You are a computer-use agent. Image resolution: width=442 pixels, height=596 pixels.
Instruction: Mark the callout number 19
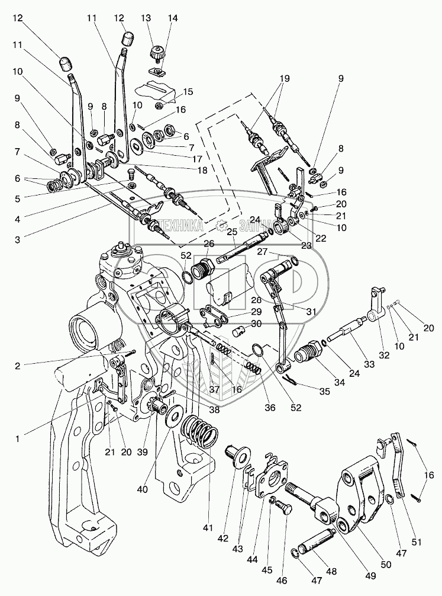(x=285, y=78)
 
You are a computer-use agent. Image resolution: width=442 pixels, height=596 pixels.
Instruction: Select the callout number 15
(x=188, y=92)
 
